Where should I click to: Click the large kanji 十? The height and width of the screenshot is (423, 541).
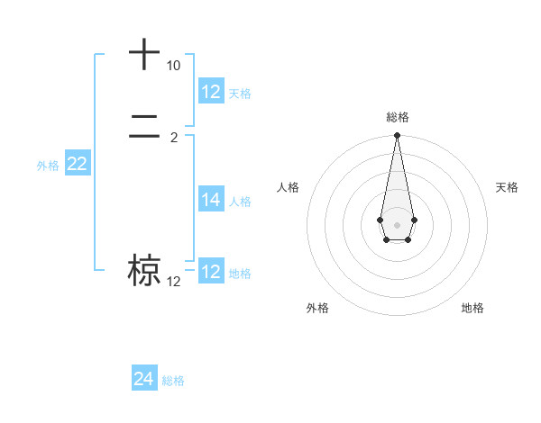tap(144, 55)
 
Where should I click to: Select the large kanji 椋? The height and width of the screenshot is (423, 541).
tap(144, 270)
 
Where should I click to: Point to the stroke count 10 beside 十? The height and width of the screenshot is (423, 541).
tap(173, 67)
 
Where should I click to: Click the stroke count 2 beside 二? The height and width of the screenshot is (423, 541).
tap(174, 137)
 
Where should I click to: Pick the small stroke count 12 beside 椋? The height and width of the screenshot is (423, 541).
tap(173, 282)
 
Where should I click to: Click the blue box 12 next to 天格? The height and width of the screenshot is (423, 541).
tap(211, 92)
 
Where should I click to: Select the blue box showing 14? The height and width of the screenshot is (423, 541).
tap(211, 200)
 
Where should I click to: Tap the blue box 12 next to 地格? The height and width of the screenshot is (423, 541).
tap(211, 272)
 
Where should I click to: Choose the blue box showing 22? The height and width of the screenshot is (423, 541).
tap(78, 164)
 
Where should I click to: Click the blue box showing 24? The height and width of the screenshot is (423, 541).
tap(144, 379)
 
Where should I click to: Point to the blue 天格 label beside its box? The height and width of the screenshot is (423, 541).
tap(240, 94)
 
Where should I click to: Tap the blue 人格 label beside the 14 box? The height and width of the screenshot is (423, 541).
tap(240, 202)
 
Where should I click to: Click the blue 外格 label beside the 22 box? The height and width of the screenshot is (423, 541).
tap(48, 166)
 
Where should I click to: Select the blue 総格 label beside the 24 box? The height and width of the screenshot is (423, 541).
tap(173, 381)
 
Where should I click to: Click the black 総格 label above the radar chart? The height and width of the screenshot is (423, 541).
tap(398, 117)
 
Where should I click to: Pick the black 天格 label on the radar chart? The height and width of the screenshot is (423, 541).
tap(507, 187)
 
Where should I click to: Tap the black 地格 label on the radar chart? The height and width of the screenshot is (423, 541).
tap(472, 308)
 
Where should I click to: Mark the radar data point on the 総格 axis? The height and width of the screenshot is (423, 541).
tap(397, 135)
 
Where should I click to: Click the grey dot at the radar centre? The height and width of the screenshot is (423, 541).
tap(397, 224)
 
